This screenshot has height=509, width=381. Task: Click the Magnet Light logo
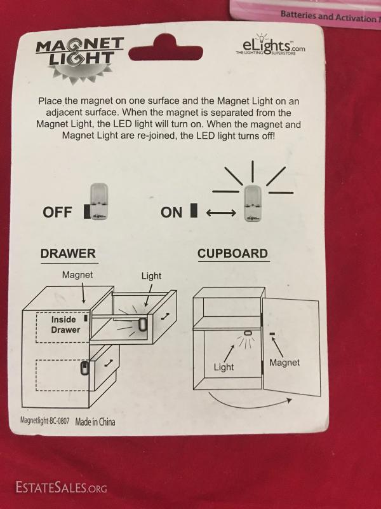[x=80, y=59]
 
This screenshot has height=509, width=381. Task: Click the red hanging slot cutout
[x=166, y=48]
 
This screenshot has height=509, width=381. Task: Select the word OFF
[x=57, y=212]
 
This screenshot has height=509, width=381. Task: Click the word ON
[x=171, y=213]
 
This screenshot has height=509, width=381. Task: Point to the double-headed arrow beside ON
[x=221, y=213]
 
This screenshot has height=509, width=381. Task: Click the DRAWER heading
[x=68, y=253]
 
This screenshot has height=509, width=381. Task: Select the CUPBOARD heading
[x=232, y=253]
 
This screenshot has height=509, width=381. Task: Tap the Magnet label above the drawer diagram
[x=77, y=275]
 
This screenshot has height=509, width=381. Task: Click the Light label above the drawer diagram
[x=151, y=276]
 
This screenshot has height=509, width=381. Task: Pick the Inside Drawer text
[x=65, y=324]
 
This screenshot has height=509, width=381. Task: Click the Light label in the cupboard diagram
[x=224, y=367]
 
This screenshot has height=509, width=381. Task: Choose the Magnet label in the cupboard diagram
[x=284, y=363]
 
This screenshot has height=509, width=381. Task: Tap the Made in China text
[x=95, y=422]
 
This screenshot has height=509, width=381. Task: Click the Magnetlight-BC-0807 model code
[x=44, y=421]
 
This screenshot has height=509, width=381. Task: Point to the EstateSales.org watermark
[x=61, y=487]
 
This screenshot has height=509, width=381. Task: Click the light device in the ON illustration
[x=253, y=204]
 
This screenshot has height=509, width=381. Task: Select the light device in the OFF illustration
[x=99, y=202]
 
